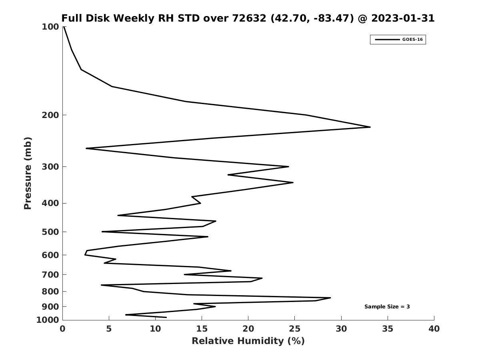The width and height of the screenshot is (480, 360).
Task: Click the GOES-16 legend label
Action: click(x=412, y=40)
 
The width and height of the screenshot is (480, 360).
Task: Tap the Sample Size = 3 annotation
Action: click(x=387, y=307)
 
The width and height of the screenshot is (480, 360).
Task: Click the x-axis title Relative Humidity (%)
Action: click(x=248, y=341)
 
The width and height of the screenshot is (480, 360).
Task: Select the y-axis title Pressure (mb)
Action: click(x=28, y=173)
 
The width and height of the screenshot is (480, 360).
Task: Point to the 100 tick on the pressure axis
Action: click(x=50, y=27)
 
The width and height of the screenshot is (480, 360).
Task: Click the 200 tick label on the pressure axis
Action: click(x=50, y=115)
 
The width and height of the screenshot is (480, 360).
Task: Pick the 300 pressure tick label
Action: click(x=50, y=167)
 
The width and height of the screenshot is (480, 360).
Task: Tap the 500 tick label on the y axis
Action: click(x=50, y=232)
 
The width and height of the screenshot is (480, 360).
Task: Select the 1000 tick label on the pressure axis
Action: click(x=48, y=320)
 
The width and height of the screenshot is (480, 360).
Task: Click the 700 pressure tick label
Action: click(x=50, y=275)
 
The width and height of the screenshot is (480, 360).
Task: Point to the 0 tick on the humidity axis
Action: click(x=63, y=329)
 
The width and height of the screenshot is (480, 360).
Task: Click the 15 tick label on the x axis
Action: click(x=202, y=329)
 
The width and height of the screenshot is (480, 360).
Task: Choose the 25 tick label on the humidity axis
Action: click(x=294, y=329)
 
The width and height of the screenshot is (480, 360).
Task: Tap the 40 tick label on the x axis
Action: click(x=434, y=329)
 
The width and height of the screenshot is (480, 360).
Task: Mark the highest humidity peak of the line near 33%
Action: click(x=370, y=127)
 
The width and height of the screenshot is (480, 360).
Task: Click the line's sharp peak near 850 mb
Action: click(x=330, y=298)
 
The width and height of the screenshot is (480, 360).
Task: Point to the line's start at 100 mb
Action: click(x=64, y=27)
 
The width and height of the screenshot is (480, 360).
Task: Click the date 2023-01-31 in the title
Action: click(x=403, y=18)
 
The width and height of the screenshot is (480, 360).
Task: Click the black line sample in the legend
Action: click(x=387, y=40)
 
